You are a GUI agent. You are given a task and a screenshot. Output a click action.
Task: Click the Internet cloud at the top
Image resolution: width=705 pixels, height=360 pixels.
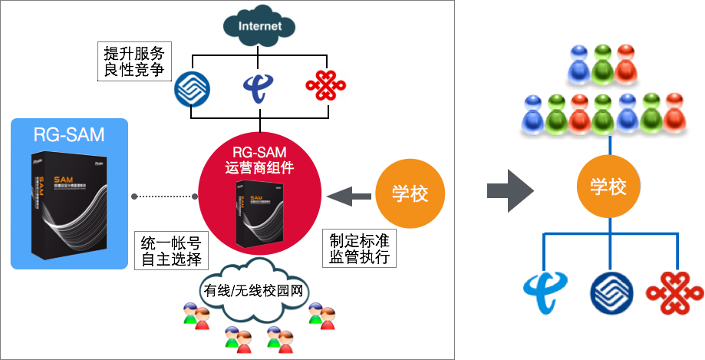259,27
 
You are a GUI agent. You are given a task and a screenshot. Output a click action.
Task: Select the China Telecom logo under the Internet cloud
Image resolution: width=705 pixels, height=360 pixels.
258,88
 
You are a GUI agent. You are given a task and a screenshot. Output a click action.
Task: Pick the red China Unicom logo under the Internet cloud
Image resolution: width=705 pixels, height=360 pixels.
325,85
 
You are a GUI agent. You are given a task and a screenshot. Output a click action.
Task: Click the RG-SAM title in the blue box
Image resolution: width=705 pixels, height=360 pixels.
69,135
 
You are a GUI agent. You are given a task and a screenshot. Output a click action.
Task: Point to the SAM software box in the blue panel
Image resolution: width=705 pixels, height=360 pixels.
69,203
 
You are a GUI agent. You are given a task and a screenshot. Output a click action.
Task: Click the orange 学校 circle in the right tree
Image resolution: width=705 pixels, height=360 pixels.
609,187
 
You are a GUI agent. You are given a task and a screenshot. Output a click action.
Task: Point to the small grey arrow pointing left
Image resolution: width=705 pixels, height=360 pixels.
348,197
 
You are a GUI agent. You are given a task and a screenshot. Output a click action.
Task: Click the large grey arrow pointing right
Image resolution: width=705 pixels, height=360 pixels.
509,187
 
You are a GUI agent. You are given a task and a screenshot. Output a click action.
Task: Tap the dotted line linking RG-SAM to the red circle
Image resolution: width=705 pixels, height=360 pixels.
164,197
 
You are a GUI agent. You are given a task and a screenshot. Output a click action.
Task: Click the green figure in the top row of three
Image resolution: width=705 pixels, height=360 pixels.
603,64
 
